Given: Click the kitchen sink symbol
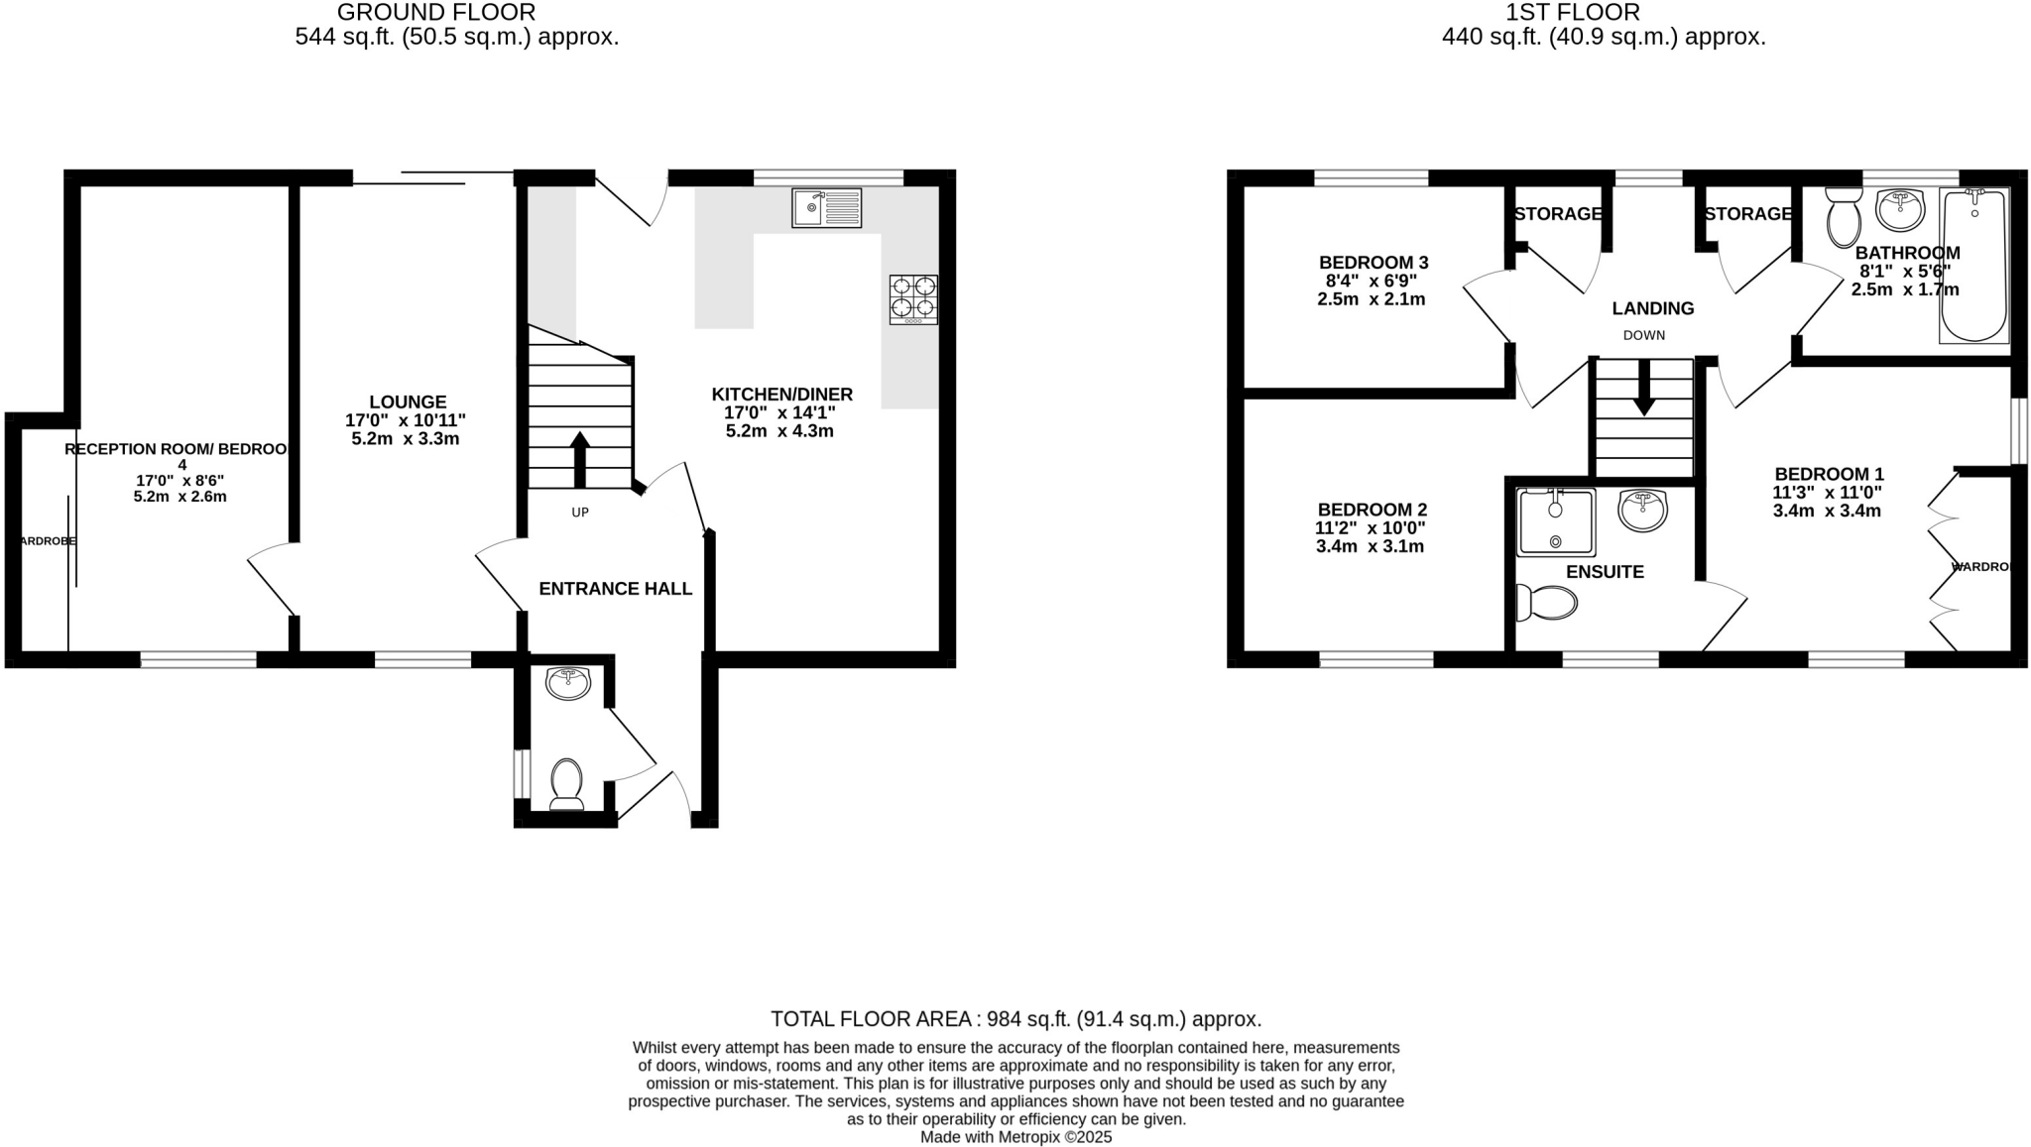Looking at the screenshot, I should [x=826, y=208].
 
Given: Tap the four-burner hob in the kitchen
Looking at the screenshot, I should [x=913, y=299].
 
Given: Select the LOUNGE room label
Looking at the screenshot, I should [x=408, y=402].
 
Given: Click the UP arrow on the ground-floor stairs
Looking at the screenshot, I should [x=580, y=459].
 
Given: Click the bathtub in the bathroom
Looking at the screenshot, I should [x=1973, y=266].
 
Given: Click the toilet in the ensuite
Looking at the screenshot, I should [x=1548, y=602].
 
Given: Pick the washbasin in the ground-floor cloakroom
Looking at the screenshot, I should [x=568, y=682].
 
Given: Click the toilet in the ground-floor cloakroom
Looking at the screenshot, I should [x=566, y=783].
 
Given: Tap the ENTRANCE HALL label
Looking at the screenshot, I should [x=615, y=589].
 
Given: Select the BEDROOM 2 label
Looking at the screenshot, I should [x=1371, y=510].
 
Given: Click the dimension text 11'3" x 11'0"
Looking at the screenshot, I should [x=1827, y=493].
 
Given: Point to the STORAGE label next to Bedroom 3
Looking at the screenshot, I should [x=1557, y=214].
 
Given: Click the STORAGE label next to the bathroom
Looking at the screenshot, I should [x=1747, y=214].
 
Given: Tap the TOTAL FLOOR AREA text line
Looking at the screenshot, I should [x=1015, y=1019].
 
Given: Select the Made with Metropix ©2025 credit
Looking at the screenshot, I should [x=1015, y=1137].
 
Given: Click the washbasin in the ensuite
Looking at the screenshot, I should [x=1642, y=511].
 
